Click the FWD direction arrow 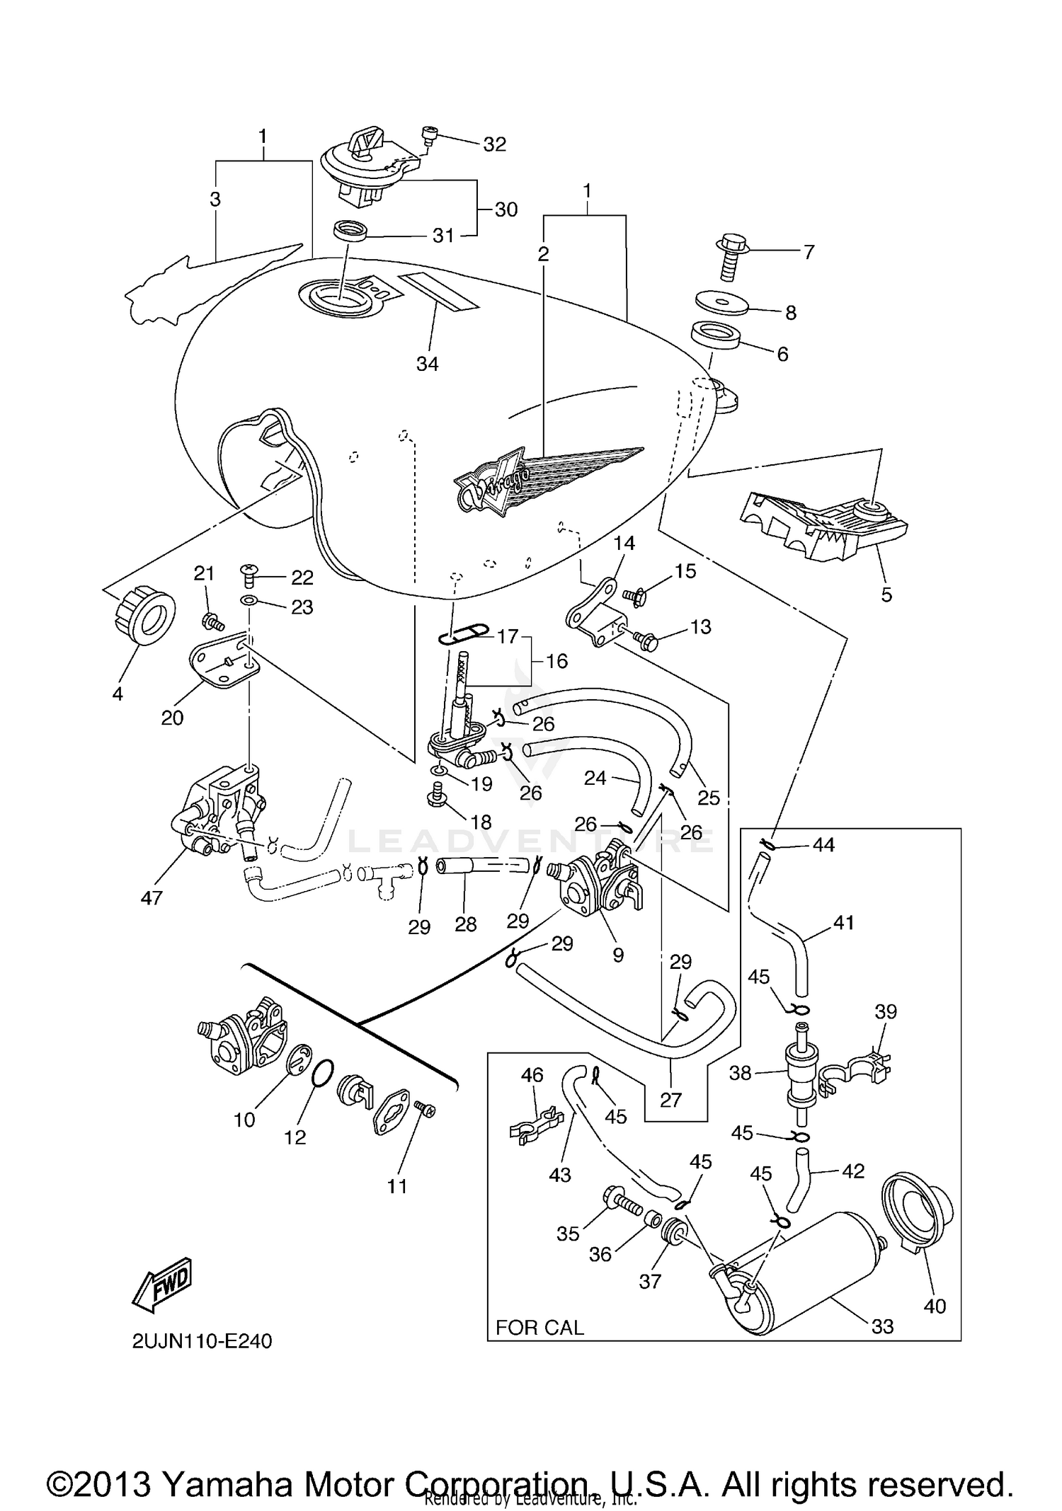tap(162, 1280)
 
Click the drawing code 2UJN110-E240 tap(202, 1341)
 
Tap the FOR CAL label tap(539, 1327)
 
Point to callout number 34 tap(427, 364)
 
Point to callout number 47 tap(152, 898)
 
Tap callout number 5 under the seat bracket tap(886, 594)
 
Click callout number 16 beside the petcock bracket tap(556, 661)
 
